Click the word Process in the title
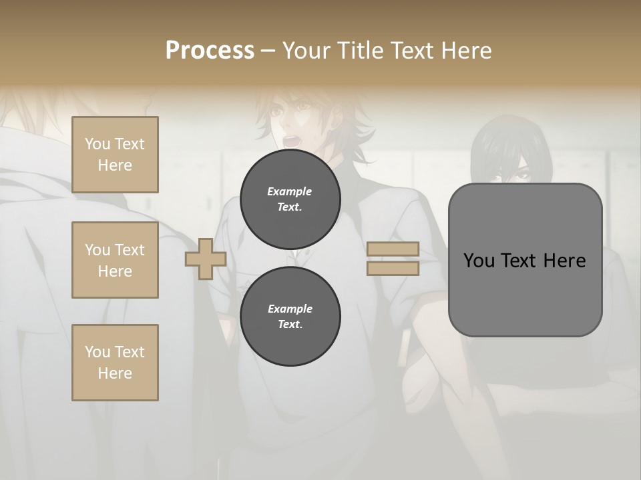[210, 51]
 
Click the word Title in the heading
[357, 51]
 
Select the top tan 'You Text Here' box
[115, 155]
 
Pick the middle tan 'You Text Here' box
[115, 260]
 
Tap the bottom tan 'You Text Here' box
[115, 363]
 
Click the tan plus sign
[206, 259]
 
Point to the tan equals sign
[393, 259]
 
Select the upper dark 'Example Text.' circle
[290, 199]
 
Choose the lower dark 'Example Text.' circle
[290, 316]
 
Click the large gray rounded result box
[525, 260]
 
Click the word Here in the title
[466, 51]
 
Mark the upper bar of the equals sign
[393, 249]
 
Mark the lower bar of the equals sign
[393, 268]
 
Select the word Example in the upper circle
[290, 191]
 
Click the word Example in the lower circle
[290, 309]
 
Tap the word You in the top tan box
[97, 144]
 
